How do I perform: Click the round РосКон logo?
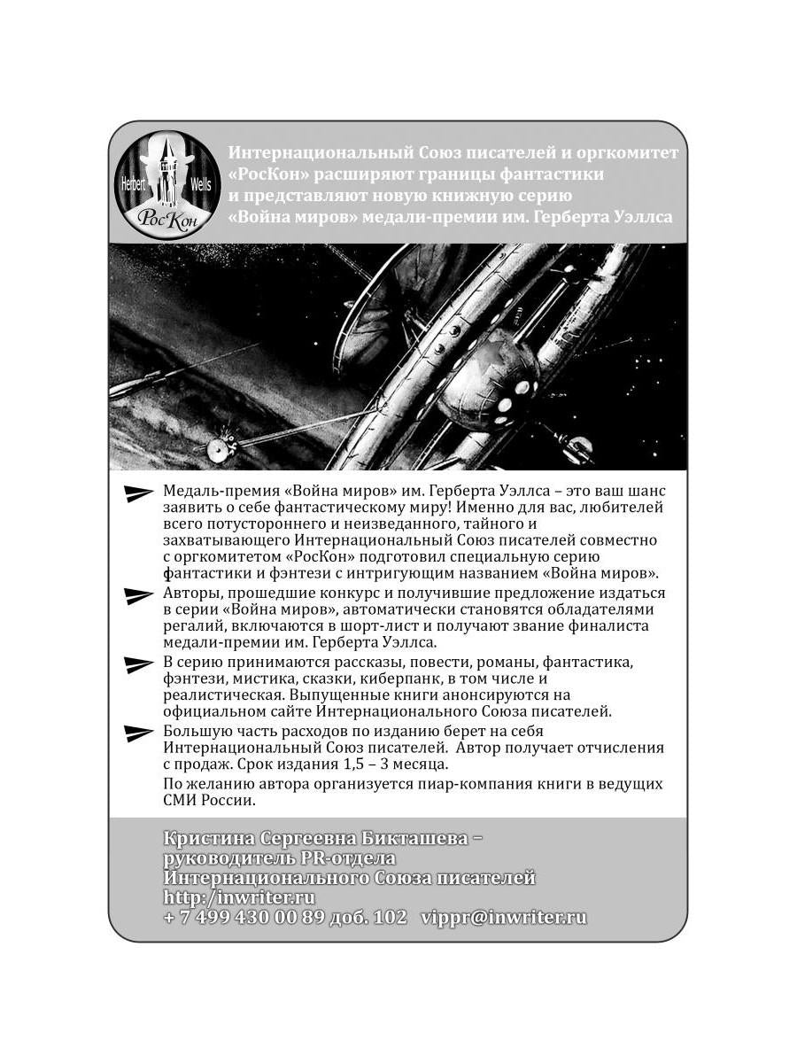[167, 184]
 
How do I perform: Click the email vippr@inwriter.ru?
[504, 917]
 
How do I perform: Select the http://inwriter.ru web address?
[239, 897]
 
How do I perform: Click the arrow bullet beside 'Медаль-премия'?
[138, 493]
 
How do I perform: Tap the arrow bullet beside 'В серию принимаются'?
[138, 664]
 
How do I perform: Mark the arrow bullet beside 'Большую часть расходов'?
[138, 733]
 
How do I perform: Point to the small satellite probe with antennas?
[221, 446]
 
